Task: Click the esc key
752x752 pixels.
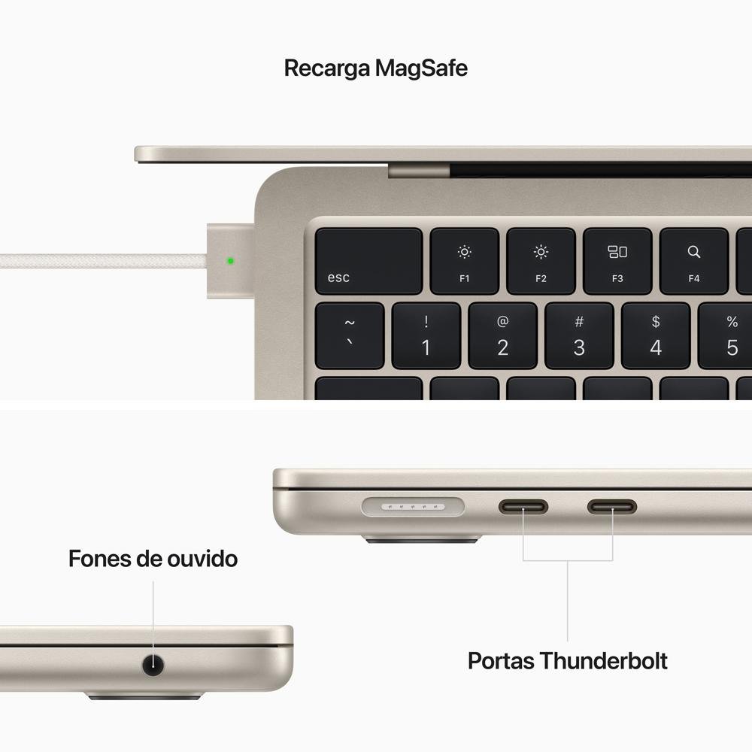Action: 368,261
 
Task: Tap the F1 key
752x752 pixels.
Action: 464,261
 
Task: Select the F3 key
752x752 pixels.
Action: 617,261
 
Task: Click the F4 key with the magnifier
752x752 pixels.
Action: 693,261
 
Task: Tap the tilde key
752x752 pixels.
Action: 349,335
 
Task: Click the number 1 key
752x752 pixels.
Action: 426,335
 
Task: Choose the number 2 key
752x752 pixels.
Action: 502,335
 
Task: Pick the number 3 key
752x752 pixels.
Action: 579,335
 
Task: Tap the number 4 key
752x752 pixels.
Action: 656,335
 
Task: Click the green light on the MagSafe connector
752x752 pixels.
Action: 230,261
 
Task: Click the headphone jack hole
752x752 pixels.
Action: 153,665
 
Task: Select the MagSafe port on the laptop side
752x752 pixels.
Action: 413,507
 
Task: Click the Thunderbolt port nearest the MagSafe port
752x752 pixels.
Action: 523,506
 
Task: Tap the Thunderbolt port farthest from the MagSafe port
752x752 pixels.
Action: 612,506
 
